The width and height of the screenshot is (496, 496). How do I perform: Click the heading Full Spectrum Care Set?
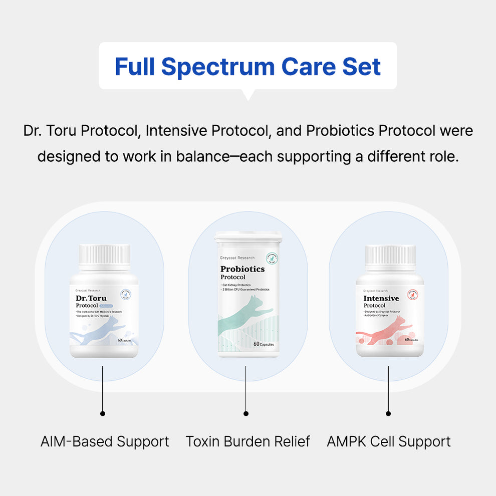coord(247,67)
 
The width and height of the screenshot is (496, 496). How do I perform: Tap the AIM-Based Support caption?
coord(105,441)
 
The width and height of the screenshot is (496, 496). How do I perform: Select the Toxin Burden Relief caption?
coord(247,441)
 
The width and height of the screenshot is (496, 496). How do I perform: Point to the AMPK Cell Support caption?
coord(389,441)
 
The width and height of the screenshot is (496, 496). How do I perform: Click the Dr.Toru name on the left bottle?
coord(91,298)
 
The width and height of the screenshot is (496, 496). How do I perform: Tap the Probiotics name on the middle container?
coord(242,269)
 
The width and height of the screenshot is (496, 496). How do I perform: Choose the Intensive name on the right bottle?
coord(381,298)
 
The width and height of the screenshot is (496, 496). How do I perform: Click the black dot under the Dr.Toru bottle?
coord(103,413)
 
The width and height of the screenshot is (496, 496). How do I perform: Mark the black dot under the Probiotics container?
coord(245,413)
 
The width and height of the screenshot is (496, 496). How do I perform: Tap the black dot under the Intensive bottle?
coord(388,413)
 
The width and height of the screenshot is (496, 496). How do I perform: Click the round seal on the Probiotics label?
coord(272,259)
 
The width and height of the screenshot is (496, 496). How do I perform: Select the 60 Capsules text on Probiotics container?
coord(264,344)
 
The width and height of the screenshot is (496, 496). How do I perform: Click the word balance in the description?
coord(201,156)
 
